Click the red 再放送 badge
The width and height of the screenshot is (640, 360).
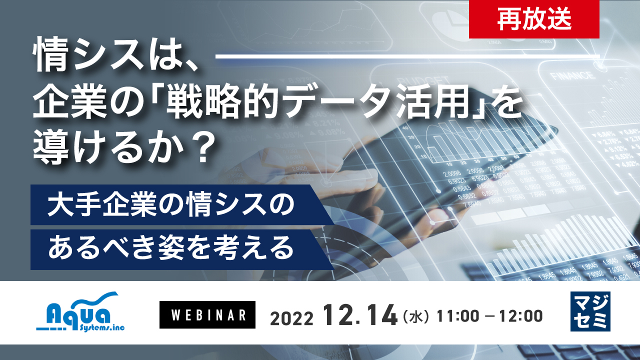click(x=534, y=19)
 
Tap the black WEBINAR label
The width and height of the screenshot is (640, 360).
click(x=207, y=315)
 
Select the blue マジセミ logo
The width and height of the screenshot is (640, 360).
click(x=590, y=311)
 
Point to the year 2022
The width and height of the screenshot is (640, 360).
click(x=291, y=317)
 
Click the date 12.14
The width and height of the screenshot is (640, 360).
click(x=359, y=315)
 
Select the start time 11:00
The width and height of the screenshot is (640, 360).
click(x=458, y=316)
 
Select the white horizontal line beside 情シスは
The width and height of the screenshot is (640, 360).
click(x=407, y=56)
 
